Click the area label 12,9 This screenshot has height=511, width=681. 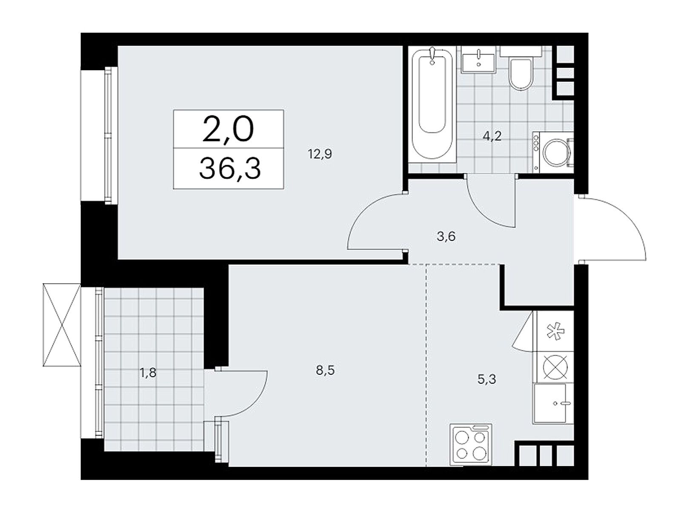pyautogui.click(x=320, y=154)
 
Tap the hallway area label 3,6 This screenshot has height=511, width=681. pyautogui.click(x=446, y=236)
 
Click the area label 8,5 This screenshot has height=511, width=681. pyautogui.click(x=325, y=370)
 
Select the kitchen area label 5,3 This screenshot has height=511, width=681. pyautogui.click(x=486, y=379)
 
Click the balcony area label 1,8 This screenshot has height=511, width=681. pyautogui.click(x=148, y=373)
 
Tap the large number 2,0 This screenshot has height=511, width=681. pyautogui.click(x=228, y=129)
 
